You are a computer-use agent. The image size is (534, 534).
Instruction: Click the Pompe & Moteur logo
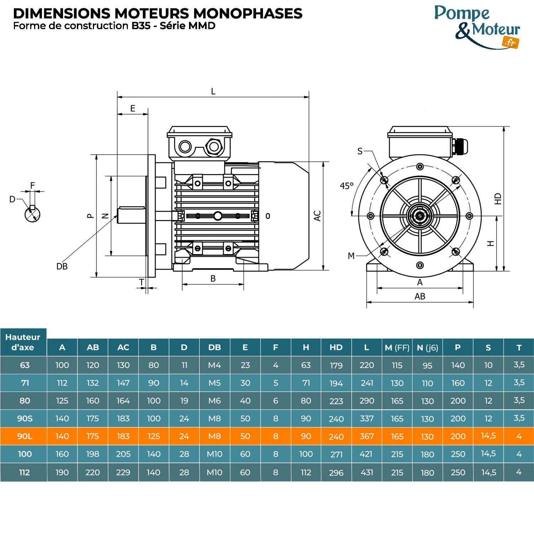(477, 27)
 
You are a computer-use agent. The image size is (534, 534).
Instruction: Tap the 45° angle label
(346, 186)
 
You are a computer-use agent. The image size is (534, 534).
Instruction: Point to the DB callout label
(62, 266)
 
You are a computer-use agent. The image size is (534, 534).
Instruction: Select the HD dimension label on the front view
(498, 199)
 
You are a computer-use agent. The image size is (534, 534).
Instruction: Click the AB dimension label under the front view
(420, 296)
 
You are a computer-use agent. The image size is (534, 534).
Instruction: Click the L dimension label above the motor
(213, 91)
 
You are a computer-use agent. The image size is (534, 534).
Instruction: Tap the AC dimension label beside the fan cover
(317, 216)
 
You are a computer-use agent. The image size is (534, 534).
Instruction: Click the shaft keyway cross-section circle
(32, 214)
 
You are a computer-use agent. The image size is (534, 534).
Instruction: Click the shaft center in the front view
(420, 216)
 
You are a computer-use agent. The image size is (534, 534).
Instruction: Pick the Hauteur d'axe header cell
(23, 342)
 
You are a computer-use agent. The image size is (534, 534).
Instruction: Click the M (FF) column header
(397, 347)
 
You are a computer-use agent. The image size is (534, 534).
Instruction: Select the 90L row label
(25, 436)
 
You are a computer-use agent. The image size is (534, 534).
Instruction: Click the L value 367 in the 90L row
(367, 436)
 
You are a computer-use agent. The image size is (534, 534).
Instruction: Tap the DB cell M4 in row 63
(214, 365)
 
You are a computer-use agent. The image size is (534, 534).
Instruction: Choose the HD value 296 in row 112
(336, 473)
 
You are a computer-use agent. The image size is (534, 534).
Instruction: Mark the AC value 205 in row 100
(123, 454)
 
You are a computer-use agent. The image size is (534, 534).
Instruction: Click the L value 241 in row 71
(367, 383)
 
